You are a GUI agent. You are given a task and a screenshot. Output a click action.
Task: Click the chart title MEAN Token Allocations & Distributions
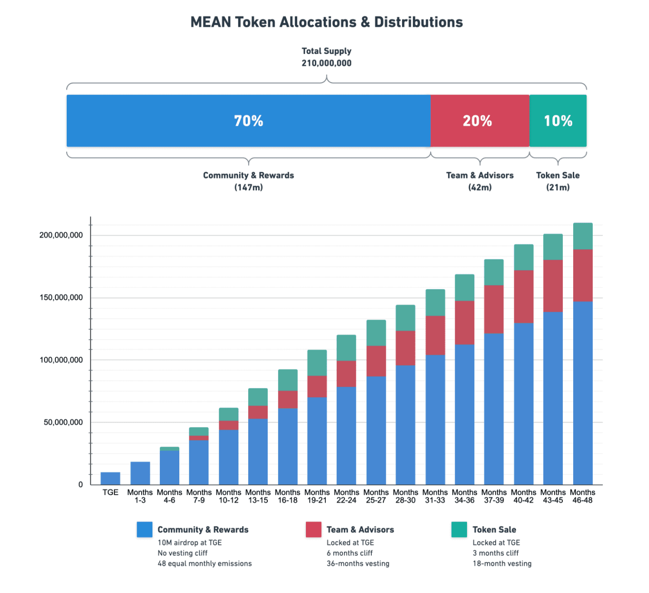pyautogui.click(x=326, y=22)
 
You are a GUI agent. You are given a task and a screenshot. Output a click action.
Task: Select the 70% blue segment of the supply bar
pyautogui.click(x=248, y=121)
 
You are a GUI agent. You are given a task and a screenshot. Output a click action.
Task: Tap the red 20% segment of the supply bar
pyautogui.click(x=479, y=121)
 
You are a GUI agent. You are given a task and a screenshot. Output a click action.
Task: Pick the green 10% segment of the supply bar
pyautogui.click(x=558, y=121)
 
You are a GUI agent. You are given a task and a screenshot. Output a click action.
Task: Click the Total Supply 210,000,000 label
pyautogui.click(x=326, y=57)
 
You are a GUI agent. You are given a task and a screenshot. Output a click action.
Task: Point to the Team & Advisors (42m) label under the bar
pyautogui.click(x=480, y=181)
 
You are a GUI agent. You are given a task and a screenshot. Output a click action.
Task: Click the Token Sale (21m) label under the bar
pyautogui.click(x=558, y=181)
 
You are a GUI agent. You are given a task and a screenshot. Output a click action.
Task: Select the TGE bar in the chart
pyautogui.click(x=110, y=478)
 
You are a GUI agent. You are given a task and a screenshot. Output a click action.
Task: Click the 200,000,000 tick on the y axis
pyautogui.click(x=61, y=235)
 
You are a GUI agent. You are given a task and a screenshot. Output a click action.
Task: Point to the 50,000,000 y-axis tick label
pyautogui.click(x=63, y=422)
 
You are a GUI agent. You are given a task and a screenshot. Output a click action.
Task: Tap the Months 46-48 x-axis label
pyautogui.click(x=582, y=496)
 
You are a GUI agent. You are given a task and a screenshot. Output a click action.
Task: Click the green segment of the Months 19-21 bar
pyautogui.click(x=317, y=363)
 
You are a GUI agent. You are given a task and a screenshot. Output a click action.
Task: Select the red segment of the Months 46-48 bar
pyautogui.click(x=583, y=275)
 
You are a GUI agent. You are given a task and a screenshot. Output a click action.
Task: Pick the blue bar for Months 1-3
pyautogui.click(x=140, y=473)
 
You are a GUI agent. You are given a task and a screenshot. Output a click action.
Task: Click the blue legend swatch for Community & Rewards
pyautogui.click(x=144, y=529)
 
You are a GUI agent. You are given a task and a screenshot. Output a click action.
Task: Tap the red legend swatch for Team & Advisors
pyautogui.click(x=314, y=529)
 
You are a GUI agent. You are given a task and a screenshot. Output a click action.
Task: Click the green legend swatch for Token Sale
pyautogui.click(x=459, y=529)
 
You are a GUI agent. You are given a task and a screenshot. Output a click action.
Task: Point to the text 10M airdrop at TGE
pyautogui.click(x=190, y=543)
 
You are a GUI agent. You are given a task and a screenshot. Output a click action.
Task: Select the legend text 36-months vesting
pyautogui.click(x=358, y=563)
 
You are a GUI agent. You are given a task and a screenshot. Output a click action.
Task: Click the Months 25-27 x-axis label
pyautogui.click(x=376, y=496)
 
